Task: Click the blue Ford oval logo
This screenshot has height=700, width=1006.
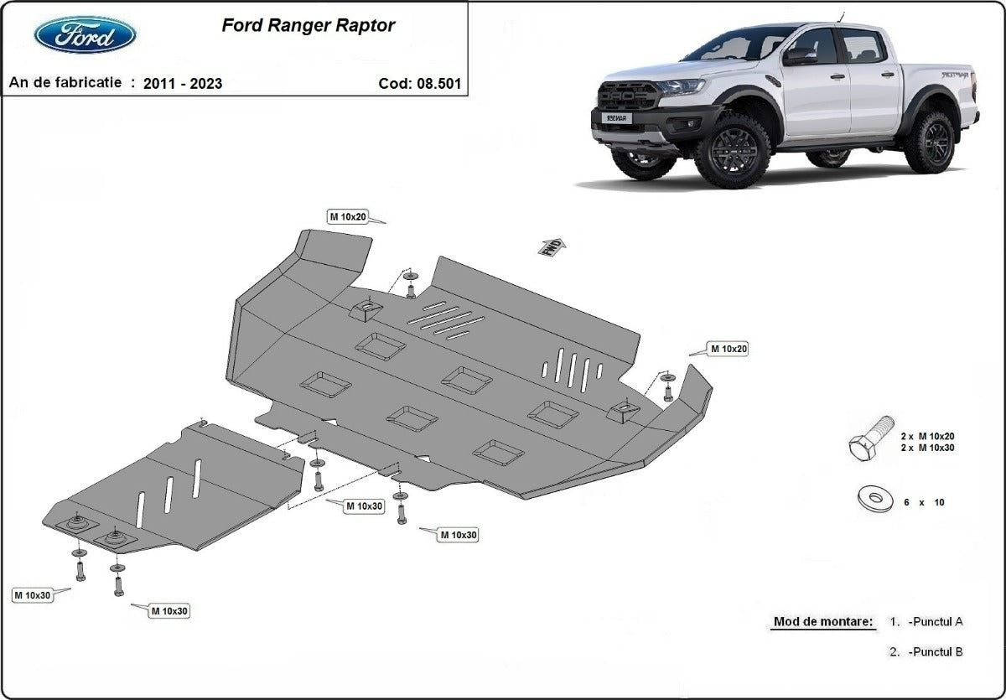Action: pos(85,34)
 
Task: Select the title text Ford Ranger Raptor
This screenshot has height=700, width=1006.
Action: pos(308,25)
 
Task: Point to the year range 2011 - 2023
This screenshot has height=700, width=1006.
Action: pos(182,83)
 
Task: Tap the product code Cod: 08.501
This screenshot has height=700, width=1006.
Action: pos(419,83)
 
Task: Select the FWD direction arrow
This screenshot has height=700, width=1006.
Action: pos(553,246)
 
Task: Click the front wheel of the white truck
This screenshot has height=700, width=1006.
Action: pos(732,150)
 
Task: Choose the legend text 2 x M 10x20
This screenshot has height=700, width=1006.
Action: pos(927,436)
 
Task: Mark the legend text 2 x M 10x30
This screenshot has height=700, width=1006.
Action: pos(927,448)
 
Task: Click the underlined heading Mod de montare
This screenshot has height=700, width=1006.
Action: pos(822,622)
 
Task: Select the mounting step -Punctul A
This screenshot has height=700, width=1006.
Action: pos(935,622)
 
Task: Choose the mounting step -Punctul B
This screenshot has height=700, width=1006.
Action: pos(935,652)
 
